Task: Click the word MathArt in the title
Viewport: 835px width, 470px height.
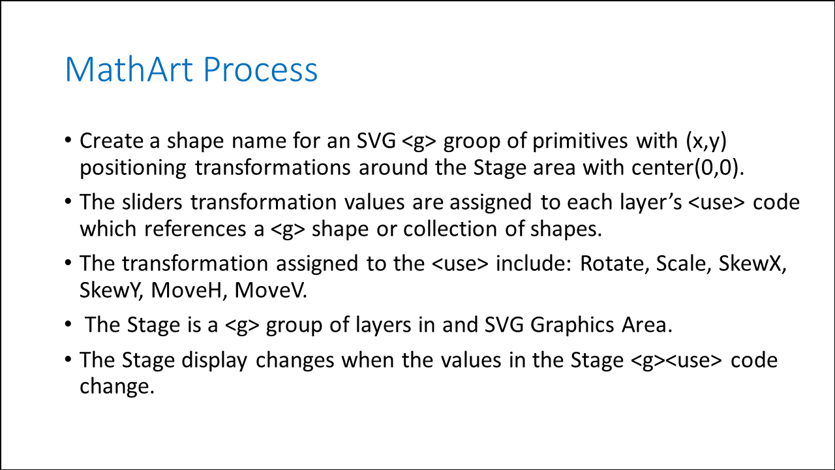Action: [x=129, y=69]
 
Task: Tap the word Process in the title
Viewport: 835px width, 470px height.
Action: [x=260, y=69]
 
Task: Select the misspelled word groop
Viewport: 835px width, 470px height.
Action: [x=472, y=142]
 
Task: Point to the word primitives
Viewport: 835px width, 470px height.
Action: [x=580, y=141]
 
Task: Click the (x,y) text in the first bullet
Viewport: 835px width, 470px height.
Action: [x=706, y=142]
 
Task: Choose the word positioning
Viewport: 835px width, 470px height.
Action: [x=132, y=168]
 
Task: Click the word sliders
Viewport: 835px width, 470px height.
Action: [x=152, y=202]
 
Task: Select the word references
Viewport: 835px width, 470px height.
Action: [x=195, y=228]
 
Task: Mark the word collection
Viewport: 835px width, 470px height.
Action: [x=450, y=228]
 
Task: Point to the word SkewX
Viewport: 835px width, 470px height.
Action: [x=752, y=263]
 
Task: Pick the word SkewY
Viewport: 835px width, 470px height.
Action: [x=111, y=290]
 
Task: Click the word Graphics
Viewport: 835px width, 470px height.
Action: [x=572, y=325]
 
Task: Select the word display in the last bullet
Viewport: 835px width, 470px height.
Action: [x=215, y=361]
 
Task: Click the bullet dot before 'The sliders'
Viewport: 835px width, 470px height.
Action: [x=68, y=202]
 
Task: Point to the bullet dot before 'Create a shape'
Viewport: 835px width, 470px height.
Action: [x=68, y=140]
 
